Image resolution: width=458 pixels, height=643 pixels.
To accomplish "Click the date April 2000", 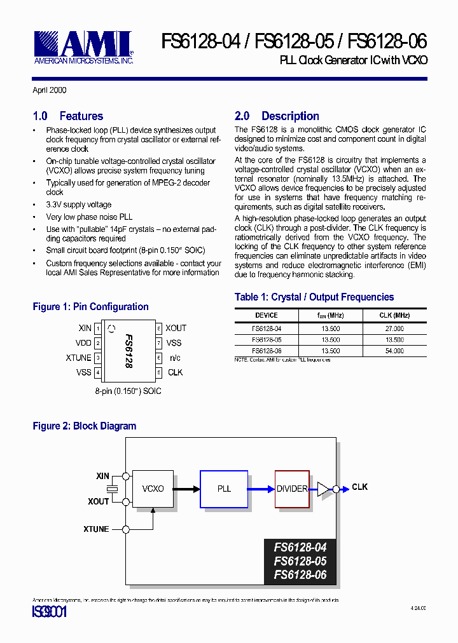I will click(50, 90).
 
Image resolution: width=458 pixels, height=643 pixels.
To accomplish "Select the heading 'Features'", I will click(81, 116).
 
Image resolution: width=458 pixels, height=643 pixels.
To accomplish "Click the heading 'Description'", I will click(290, 116).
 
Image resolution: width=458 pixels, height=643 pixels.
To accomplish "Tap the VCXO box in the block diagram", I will click(153, 489).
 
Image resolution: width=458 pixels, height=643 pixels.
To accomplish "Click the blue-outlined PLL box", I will click(224, 489).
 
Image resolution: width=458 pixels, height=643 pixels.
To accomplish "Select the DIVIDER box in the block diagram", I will click(292, 489).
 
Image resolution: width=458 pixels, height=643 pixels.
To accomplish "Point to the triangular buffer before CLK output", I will click(324, 489).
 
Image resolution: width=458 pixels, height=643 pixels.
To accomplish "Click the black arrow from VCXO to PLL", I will click(187, 489).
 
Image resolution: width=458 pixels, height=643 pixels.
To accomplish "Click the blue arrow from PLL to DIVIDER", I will click(261, 489).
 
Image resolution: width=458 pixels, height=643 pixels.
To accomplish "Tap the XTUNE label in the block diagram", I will click(96, 529).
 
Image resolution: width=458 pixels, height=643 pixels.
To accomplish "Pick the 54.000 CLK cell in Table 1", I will click(394, 351).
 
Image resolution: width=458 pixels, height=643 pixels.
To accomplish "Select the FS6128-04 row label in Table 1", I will click(267, 328).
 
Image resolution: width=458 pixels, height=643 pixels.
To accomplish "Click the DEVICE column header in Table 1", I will click(267, 315).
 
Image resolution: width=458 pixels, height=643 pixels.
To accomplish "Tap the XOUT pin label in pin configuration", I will click(176, 328).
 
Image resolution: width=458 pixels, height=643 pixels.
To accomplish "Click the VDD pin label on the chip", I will click(84, 343).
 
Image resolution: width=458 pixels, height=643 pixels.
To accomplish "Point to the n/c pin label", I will click(175, 358).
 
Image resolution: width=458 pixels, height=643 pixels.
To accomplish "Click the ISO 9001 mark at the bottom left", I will click(50, 613).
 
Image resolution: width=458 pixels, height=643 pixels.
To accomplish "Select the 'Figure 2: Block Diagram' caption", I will click(85, 426).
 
